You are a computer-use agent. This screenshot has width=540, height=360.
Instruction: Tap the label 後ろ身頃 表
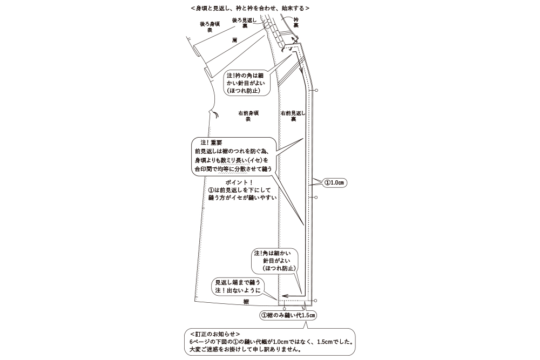pos(210,27)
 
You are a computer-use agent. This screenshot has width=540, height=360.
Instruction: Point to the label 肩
pos(234,40)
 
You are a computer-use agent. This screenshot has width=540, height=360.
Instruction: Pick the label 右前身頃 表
pos(248,116)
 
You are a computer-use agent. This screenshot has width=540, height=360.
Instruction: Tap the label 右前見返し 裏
pos(293,116)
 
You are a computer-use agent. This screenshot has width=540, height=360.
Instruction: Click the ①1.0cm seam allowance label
pos(334,183)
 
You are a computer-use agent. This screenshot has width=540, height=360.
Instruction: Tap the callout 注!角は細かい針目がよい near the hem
pos(275,261)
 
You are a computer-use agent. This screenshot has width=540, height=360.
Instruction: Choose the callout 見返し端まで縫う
pos(238,286)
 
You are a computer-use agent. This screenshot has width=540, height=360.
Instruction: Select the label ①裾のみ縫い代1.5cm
pos(288,315)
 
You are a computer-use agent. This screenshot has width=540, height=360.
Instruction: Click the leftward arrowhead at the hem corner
pos(283,296)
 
